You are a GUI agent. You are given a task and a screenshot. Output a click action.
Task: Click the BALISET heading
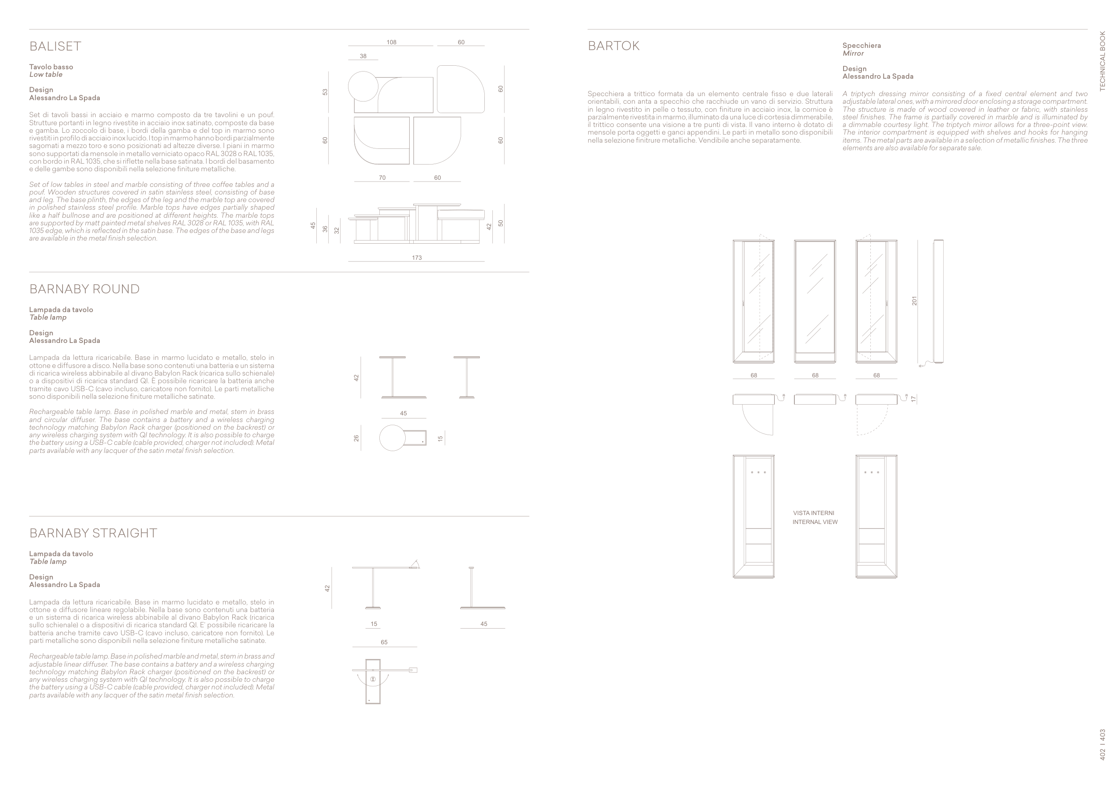tap(55, 46)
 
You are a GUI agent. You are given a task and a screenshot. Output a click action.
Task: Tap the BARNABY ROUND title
tap(84, 289)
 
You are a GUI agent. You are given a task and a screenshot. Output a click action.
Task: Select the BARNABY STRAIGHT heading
tap(93, 533)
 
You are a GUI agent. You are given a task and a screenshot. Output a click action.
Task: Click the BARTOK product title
tap(613, 46)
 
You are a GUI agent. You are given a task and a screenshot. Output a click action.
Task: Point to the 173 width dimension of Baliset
tap(416, 258)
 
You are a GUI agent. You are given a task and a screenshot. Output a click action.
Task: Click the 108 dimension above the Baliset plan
tap(391, 42)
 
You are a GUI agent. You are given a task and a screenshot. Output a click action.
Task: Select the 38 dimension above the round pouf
tap(363, 56)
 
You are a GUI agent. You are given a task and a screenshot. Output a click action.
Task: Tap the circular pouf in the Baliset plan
tap(363, 86)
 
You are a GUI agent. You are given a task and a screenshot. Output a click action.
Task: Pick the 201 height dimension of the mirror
tap(914, 301)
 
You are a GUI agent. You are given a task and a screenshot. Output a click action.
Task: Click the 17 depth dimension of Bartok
tap(913, 399)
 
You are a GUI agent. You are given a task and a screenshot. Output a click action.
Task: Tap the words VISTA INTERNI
tap(814, 513)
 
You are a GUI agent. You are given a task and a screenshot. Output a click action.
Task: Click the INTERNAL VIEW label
tap(815, 522)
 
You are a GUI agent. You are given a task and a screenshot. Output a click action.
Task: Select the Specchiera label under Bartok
tap(861, 45)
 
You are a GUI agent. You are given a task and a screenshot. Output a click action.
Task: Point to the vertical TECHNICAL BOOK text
tap(1102, 61)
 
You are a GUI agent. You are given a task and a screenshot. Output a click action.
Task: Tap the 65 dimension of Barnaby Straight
tap(384, 642)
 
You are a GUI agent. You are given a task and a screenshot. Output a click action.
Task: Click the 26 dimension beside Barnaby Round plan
tap(356, 438)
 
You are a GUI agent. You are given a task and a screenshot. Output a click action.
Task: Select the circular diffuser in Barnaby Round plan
tap(392, 438)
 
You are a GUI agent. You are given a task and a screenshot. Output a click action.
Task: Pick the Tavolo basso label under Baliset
tap(51, 67)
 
